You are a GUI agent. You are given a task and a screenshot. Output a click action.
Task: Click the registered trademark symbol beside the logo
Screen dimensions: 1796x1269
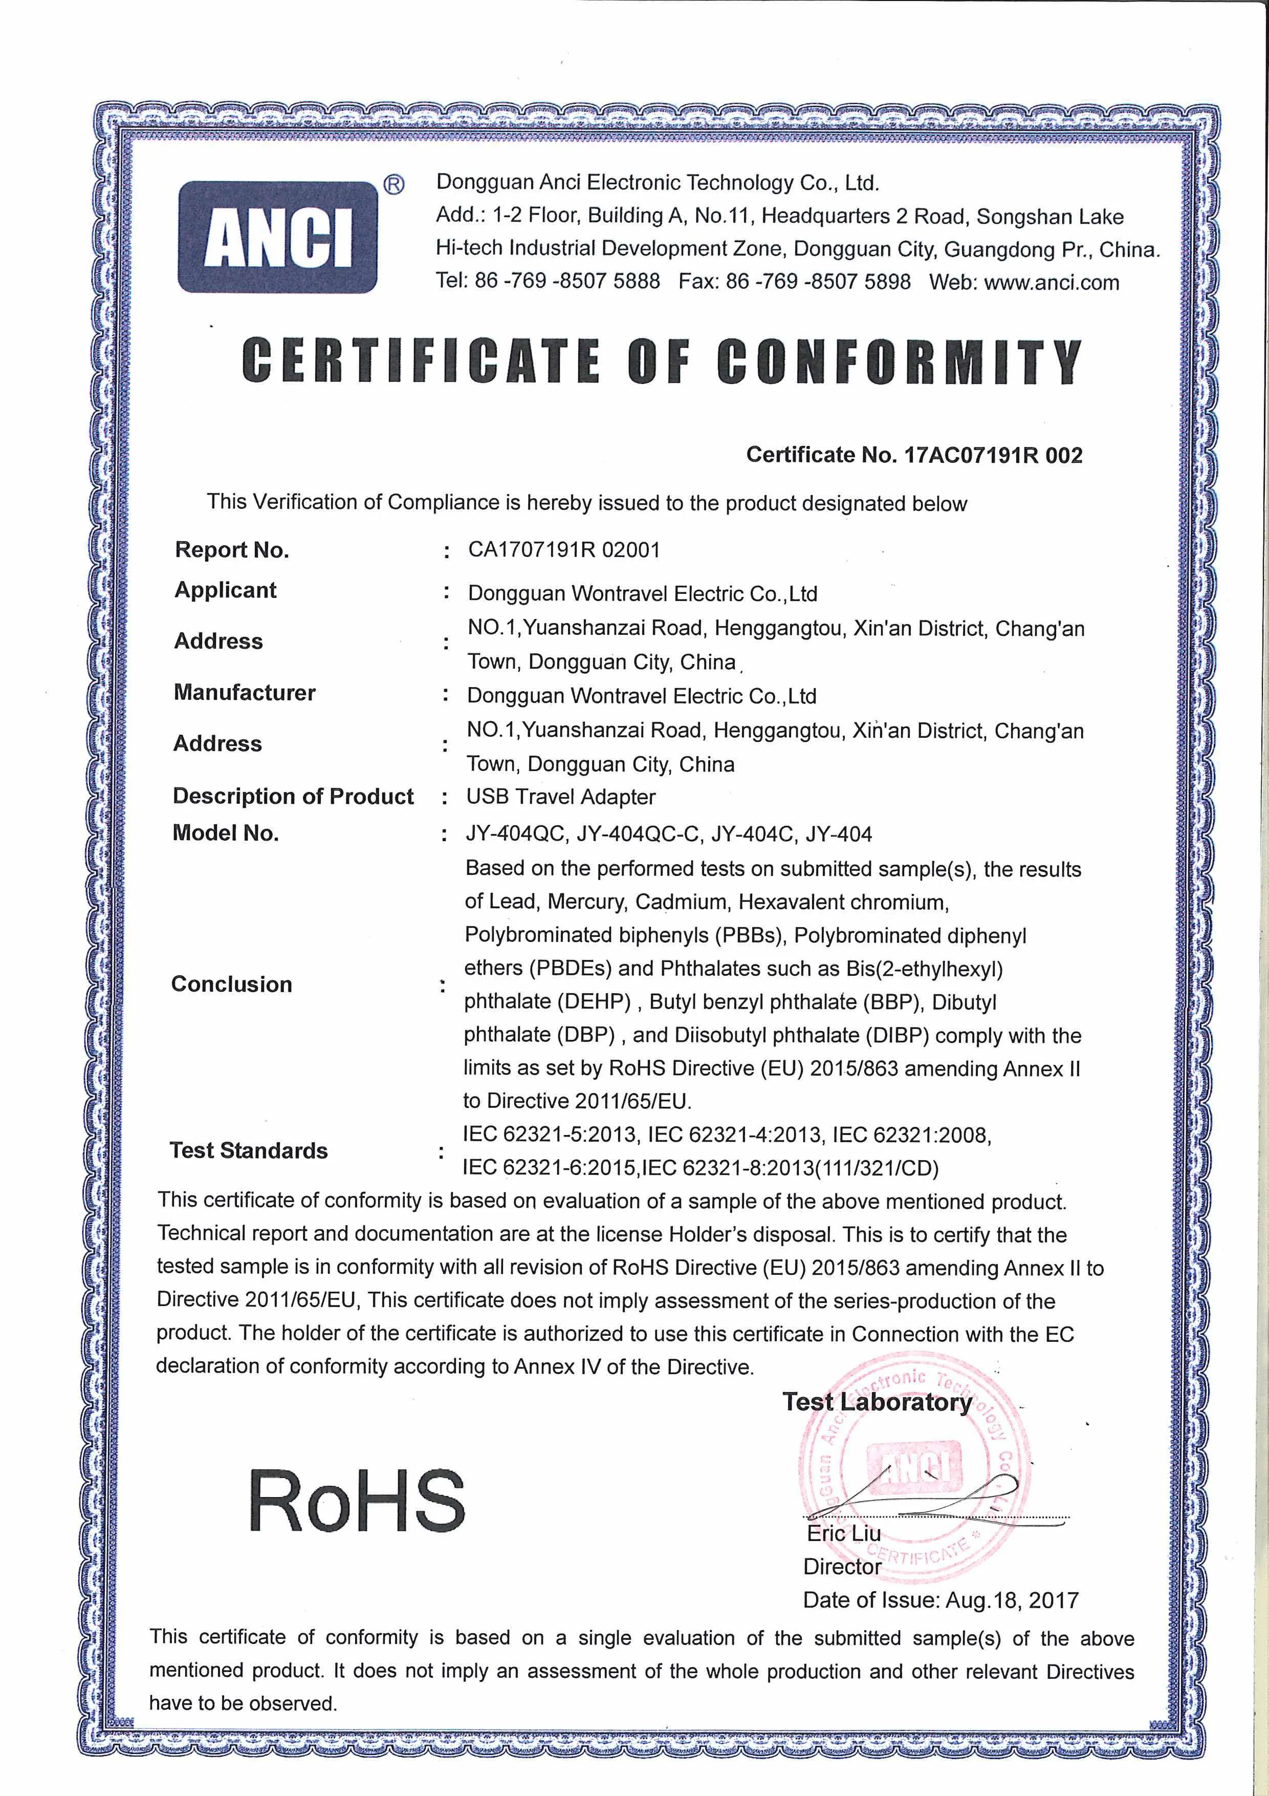393,185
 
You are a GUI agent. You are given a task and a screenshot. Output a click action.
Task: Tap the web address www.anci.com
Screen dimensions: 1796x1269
1051,283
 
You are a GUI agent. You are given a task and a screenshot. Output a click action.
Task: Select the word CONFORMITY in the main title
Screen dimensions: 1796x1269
899,361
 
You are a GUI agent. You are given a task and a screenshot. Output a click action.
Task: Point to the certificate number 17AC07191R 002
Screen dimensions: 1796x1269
993,455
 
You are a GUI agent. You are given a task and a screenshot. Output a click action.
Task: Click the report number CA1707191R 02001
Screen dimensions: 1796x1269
564,550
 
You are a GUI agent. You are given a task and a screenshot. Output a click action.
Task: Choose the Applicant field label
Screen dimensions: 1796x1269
225,591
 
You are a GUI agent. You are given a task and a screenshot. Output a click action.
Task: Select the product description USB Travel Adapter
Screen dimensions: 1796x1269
561,797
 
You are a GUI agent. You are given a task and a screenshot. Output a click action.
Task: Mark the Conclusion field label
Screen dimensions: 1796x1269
231,984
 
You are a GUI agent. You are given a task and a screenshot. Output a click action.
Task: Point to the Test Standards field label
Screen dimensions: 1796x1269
249,1151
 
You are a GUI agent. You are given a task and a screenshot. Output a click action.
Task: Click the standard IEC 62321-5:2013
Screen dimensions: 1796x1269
550,1135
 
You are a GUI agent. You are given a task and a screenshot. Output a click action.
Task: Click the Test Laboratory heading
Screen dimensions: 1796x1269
877,1402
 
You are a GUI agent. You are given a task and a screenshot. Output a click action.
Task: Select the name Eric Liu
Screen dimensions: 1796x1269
844,1533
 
